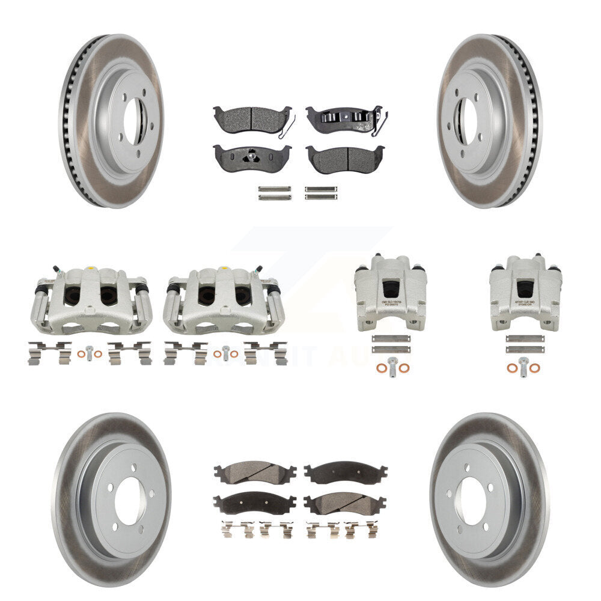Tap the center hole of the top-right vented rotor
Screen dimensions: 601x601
[x=468, y=121]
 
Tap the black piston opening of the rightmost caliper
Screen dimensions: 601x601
[x=525, y=289]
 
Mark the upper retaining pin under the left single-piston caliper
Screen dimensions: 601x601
[x=391, y=338]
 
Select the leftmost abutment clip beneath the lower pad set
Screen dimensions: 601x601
[x=228, y=529]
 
